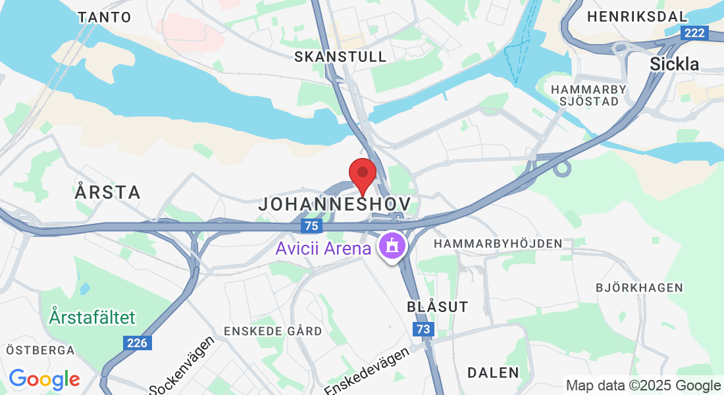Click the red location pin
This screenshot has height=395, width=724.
point(362,174)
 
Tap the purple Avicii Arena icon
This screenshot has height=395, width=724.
point(392,248)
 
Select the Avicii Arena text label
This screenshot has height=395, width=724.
point(323,249)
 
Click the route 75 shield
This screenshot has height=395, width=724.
point(311,226)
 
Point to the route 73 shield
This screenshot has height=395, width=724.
point(424,329)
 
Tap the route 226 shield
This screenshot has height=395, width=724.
point(138,342)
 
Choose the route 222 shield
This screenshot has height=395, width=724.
point(694,33)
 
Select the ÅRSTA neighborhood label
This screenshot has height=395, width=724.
point(108,192)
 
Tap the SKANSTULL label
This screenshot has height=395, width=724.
point(340,57)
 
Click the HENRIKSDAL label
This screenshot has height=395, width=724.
point(637,16)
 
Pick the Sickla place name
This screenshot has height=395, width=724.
point(674,64)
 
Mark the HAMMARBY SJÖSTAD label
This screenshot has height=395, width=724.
point(586,95)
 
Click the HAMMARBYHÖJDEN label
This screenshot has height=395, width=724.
point(498,244)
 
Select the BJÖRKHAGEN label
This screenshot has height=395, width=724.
point(639,288)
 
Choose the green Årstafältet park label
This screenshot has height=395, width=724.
point(92,317)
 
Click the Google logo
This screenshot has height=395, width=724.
point(44,379)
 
